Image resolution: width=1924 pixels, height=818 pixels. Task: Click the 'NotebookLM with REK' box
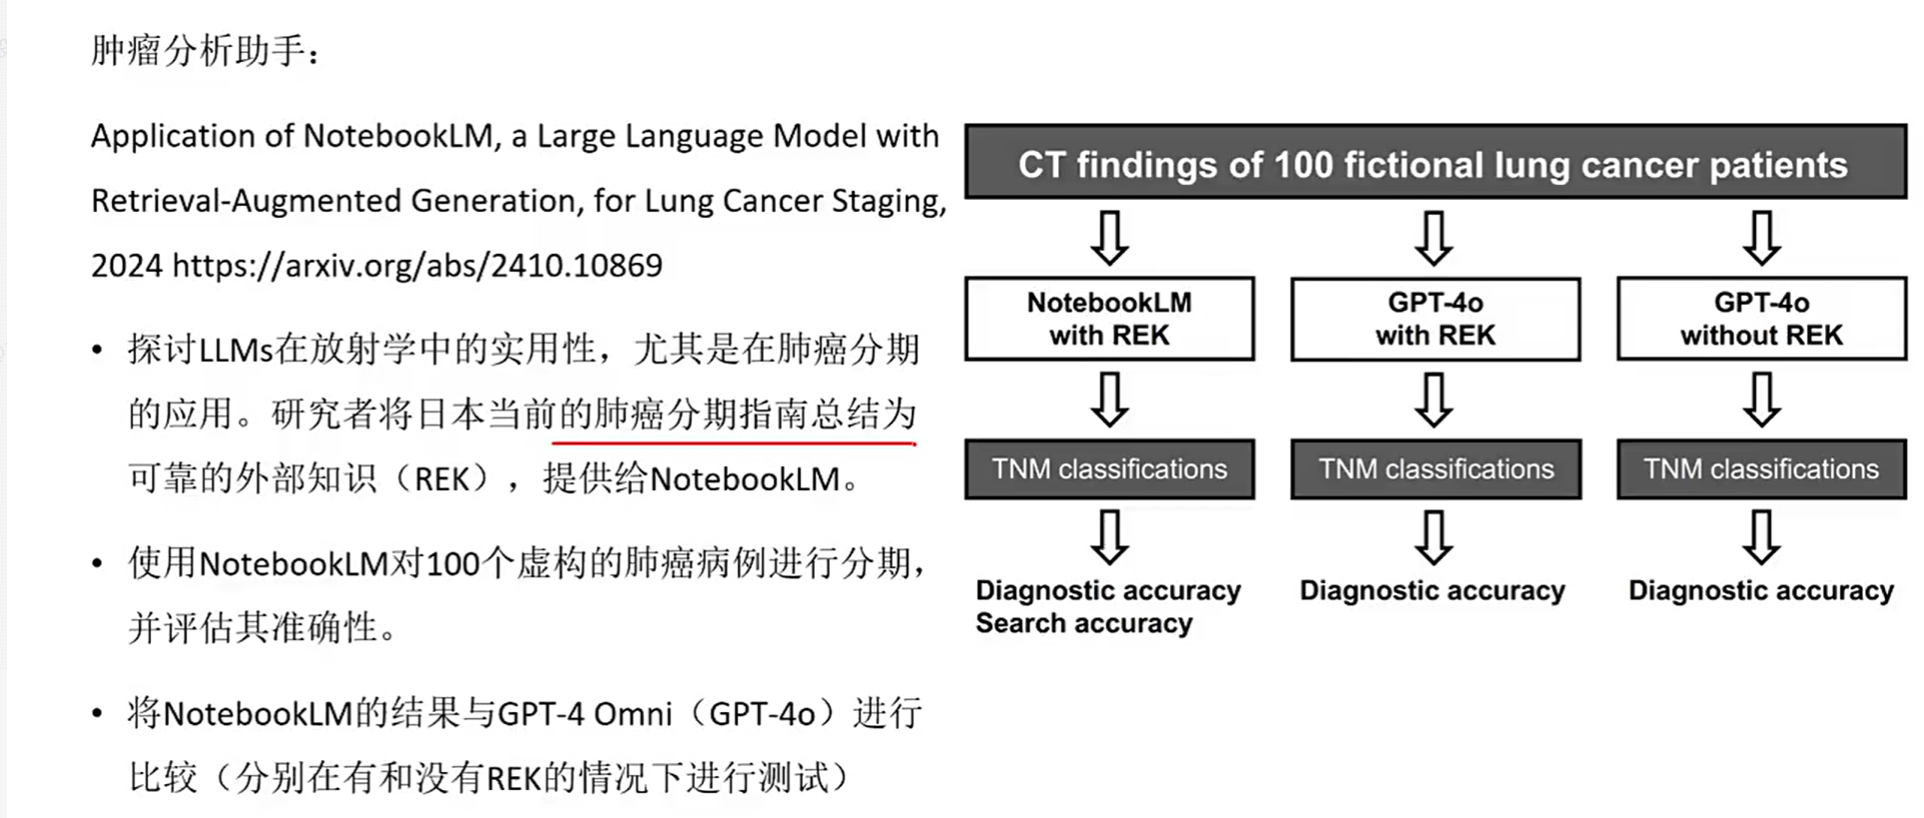pos(1108,319)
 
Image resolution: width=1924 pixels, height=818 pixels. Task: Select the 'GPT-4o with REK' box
pos(1435,319)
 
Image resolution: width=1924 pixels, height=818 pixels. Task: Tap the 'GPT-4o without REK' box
pos(1761,319)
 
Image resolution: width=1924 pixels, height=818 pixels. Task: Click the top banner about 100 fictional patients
pos(1434,163)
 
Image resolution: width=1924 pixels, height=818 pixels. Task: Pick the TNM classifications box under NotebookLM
pos(1108,468)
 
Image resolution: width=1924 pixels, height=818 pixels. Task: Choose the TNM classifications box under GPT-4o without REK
pos(1761,468)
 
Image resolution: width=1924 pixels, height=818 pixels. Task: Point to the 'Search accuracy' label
pos(1083,623)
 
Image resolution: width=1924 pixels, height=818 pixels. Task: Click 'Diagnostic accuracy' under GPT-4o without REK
pos(1760,590)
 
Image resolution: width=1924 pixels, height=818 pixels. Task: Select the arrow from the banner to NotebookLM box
pos(1109,238)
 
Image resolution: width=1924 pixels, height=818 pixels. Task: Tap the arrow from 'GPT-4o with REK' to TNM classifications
pos(1434,400)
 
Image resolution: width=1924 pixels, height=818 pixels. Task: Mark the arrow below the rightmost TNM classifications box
pos(1761,537)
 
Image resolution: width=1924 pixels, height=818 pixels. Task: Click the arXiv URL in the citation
pos(417,266)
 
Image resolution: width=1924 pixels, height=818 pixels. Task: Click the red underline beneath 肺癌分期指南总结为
pos(734,440)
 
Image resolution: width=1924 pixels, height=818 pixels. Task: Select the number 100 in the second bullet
pos(452,564)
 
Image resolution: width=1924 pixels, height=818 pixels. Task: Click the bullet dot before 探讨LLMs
pos(97,351)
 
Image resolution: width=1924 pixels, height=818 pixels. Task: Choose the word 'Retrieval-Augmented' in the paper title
pos(246,201)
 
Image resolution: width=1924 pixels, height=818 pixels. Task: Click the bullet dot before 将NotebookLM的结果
pos(97,714)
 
